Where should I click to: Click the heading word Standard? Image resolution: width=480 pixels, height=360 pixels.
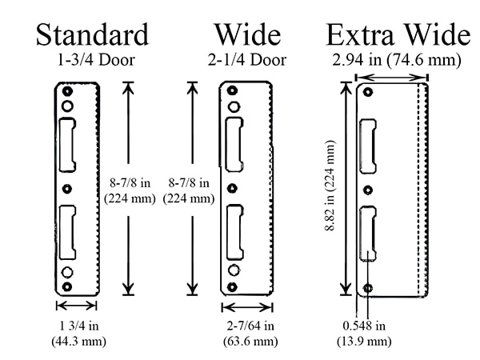point(93,34)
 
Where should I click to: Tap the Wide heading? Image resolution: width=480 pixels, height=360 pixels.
point(247,34)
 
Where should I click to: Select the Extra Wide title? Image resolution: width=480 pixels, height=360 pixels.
point(398,34)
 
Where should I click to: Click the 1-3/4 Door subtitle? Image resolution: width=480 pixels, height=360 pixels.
point(96,60)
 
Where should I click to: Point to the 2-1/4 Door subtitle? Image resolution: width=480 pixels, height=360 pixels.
point(247,60)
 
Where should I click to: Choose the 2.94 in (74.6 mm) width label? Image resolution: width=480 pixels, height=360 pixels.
point(397,60)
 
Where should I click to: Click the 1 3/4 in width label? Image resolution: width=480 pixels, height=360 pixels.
point(79,326)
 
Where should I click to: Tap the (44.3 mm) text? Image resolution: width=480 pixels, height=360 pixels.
point(79,341)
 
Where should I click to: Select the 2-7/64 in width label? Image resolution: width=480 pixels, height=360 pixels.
point(250,326)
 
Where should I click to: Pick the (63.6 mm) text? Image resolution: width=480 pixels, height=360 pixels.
point(250,341)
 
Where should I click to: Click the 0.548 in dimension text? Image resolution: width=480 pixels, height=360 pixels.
point(364,326)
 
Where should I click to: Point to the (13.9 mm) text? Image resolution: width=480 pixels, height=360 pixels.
point(364,341)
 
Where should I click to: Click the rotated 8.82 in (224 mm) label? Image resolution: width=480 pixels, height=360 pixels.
point(330,186)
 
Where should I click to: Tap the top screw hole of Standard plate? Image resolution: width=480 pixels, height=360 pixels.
point(67,91)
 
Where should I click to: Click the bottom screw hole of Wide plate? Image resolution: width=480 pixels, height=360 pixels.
point(232,287)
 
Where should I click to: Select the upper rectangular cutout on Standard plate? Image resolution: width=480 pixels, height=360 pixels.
point(67,144)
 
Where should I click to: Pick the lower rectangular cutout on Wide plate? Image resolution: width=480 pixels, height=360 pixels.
point(234,232)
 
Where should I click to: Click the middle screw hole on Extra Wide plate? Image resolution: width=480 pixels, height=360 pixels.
point(368,190)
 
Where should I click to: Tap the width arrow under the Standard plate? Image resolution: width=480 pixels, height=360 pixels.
point(77,306)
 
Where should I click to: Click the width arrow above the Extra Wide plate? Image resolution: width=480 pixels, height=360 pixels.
point(391,78)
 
